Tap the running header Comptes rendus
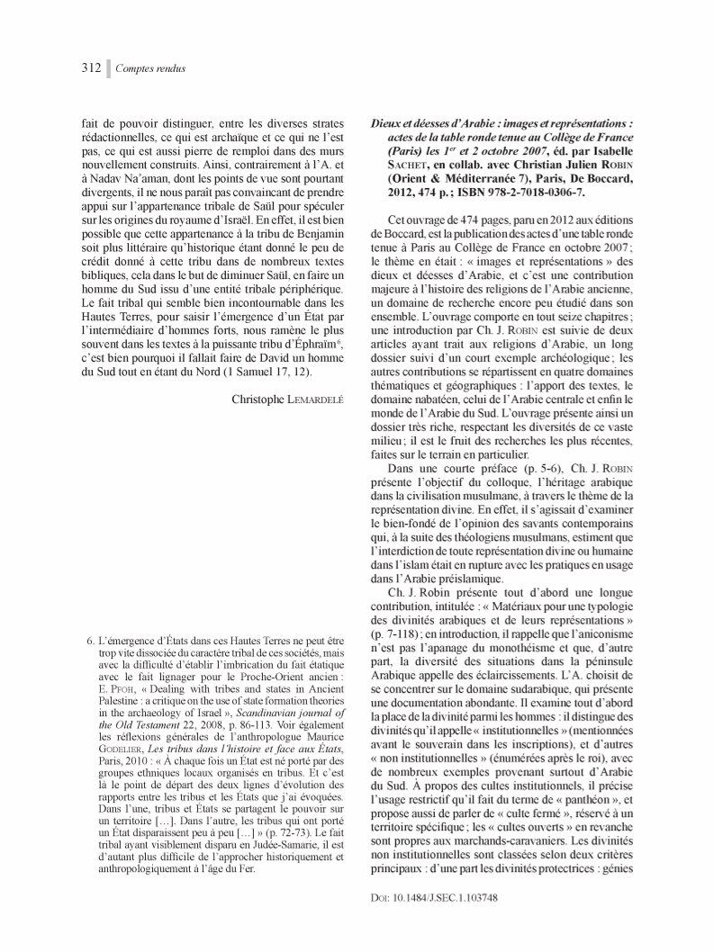(x=150, y=68)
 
